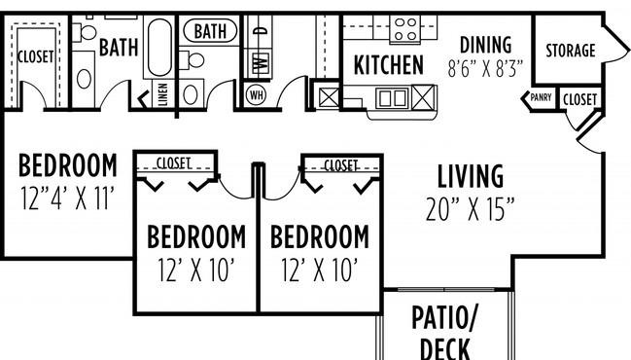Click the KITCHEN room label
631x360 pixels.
point(388,65)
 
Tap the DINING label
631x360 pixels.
point(485,45)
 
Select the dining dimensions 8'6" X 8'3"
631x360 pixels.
point(485,69)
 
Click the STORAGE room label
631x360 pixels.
point(571,51)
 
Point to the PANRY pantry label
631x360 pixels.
point(541,98)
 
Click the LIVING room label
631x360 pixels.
point(470,177)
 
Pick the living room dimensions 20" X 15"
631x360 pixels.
point(470,208)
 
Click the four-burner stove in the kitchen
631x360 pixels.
point(405,28)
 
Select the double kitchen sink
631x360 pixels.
point(393,97)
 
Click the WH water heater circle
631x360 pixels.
point(257,95)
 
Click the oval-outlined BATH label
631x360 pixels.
point(209,31)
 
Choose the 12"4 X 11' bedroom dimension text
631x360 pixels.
point(68,200)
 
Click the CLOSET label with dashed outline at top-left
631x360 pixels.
point(36,57)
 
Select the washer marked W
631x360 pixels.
point(260,61)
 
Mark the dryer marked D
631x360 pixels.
point(259,32)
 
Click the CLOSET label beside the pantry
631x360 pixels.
point(580,98)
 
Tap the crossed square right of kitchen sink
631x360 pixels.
point(424,97)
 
